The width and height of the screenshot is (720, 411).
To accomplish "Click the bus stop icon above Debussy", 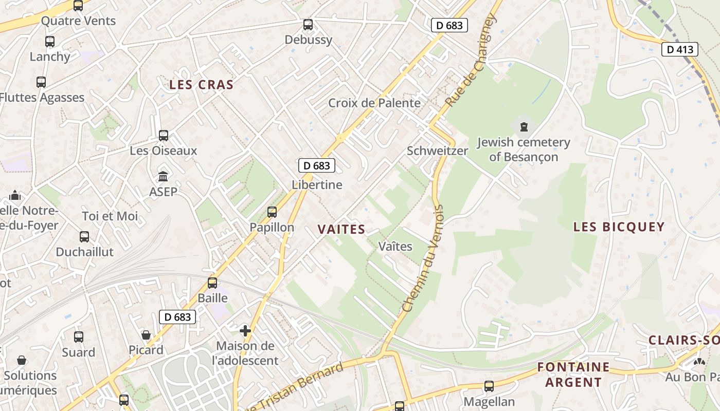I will point(308,24).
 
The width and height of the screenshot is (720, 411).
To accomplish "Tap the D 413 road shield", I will point(679,49).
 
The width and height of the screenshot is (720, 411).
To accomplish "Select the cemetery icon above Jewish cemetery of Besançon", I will point(524,126).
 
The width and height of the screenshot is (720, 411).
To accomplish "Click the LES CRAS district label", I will point(202,85).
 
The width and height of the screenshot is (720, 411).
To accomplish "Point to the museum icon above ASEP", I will point(164,177).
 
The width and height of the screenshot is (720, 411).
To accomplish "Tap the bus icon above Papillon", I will point(272,212).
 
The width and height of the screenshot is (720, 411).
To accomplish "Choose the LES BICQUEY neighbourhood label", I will point(619,227).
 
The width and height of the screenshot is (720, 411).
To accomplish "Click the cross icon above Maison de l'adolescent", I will point(245,330).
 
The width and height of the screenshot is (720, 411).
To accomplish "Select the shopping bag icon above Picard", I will point(146,335).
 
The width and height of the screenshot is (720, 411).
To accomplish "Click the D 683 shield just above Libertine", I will point(317,165).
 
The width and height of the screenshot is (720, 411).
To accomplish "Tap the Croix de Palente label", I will point(374,103).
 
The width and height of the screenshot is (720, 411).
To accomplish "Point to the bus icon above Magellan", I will point(489,386).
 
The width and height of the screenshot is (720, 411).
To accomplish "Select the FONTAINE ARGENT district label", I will point(573,375).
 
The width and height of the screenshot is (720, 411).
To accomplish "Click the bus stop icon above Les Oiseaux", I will point(164,136).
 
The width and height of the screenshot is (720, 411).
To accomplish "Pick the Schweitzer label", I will point(437,151).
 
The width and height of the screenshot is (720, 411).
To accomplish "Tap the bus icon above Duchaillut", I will point(84,237).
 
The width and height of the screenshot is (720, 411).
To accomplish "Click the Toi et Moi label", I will point(110,216).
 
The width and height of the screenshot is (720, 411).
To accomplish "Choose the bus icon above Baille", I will point(212,283).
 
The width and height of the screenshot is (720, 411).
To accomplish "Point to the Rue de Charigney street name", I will point(472,60).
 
